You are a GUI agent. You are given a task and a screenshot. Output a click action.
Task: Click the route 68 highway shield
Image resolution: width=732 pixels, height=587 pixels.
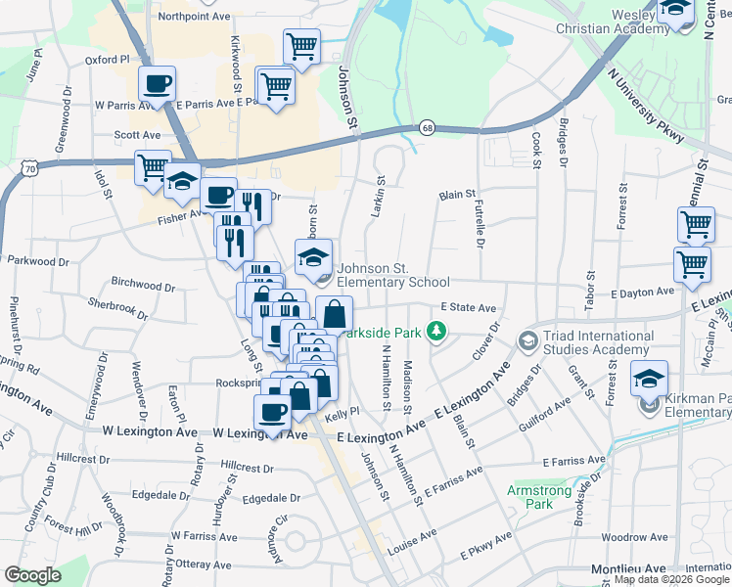427,128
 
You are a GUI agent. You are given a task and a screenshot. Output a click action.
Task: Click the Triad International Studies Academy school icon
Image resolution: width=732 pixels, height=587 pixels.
528,340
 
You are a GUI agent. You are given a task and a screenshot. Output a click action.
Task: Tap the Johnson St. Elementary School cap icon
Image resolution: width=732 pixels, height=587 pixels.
314,258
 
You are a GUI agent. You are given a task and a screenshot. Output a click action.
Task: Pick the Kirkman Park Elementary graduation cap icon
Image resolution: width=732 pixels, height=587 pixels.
649,378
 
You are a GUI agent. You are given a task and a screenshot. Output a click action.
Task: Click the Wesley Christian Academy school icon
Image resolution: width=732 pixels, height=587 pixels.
674,10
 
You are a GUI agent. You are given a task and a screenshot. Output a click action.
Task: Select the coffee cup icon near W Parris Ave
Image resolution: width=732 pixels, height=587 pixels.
157,84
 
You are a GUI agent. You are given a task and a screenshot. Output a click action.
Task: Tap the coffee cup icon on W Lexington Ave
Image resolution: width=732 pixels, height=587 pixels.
272,413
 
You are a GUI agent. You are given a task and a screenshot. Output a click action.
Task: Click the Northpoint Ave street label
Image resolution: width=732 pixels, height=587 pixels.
194,16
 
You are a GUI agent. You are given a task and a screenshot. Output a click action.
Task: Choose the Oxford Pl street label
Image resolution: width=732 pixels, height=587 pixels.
108,59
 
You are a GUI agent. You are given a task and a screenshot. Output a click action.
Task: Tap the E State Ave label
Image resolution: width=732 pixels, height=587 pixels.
474,307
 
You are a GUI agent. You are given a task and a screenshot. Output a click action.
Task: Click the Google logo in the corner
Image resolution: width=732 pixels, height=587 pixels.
32,575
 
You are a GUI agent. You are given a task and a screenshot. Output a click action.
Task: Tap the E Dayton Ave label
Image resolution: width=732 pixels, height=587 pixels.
642,292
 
